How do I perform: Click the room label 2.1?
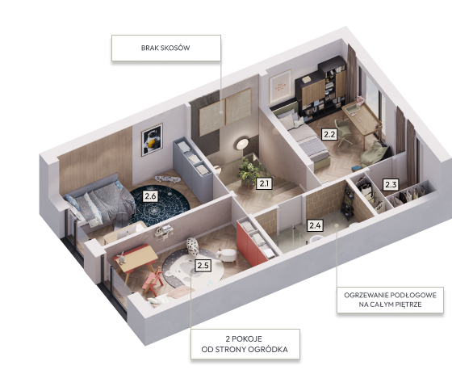click(x=264, y=183)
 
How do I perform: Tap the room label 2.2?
click(x=329, y=134)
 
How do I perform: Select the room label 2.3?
click(x=391, y=184)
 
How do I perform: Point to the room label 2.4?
click(x=315, y=225)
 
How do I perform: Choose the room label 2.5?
click(x=203, y=266)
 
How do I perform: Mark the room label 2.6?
click(x=150, y=196)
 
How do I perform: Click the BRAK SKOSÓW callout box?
click(x=166, y=48)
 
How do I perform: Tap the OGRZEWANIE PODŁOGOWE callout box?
click(x=390, y=300)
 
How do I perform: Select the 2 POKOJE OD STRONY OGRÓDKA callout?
click(x=245, y=344)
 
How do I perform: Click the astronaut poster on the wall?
click(x=153, y=140)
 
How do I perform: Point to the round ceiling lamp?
click(x=242, y=143)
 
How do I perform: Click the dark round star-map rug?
click(x=160, y=205)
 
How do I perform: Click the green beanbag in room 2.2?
click(x=374, y=153)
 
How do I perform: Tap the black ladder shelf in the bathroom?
click(x=348, y=202)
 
